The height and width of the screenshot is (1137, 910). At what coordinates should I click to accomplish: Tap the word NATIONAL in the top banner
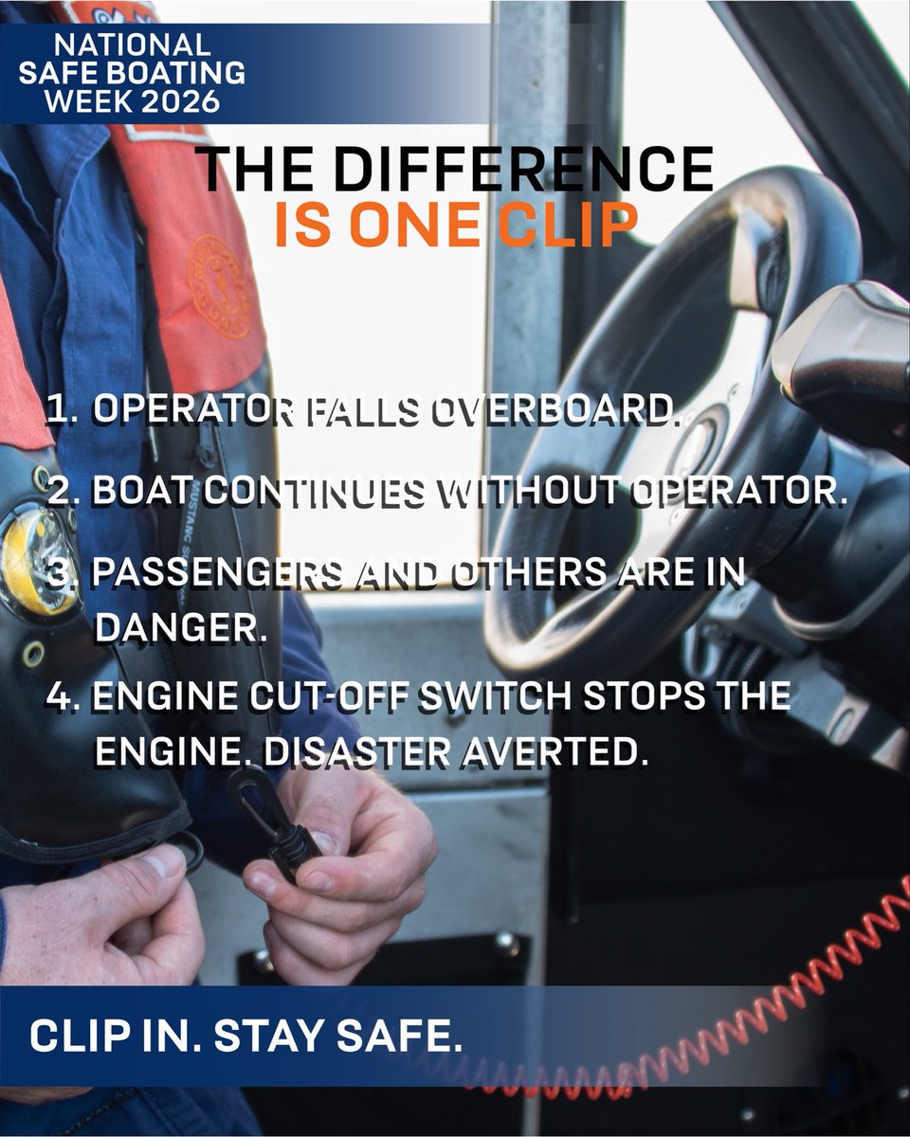pos(132,45)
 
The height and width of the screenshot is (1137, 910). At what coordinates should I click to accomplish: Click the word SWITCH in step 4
pos(496,695)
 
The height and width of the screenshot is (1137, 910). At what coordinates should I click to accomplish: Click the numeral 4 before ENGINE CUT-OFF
pos(59,695)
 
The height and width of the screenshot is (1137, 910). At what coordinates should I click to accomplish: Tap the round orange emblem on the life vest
pos(218,286)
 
